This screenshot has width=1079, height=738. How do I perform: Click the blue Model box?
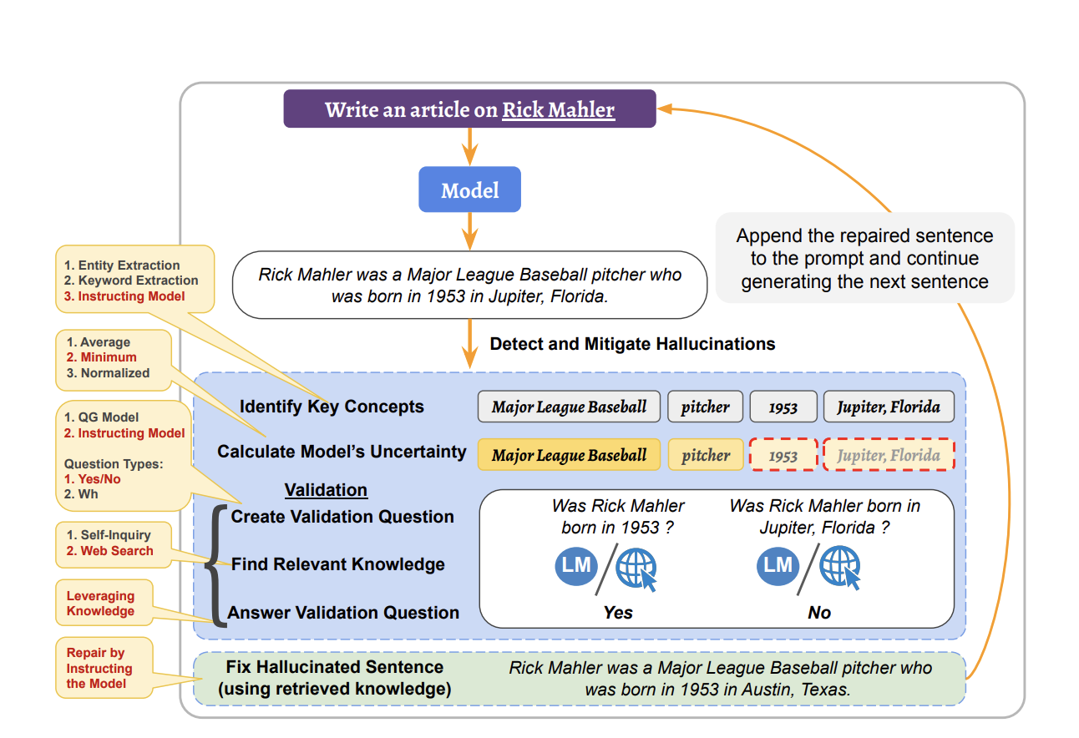point(469,190)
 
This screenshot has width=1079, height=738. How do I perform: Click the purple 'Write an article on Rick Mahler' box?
point(469,109)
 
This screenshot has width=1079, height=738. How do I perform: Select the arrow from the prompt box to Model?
point(469,147)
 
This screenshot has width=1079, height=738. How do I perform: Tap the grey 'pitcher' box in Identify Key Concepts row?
point(705,407)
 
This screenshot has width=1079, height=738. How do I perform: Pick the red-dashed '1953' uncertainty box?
point(783,456)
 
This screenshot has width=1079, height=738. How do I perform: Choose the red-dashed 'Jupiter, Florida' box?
point(889,456)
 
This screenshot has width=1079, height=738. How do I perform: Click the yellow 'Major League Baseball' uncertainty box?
point(569,456)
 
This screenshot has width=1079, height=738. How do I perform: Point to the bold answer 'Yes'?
point(618,613)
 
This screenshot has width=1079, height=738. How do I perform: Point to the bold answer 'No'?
point(819,613)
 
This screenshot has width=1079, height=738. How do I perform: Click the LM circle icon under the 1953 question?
point(575,566)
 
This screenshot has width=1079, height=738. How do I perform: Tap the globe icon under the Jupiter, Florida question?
point(839,568)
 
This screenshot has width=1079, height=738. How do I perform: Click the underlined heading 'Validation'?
point(326,490)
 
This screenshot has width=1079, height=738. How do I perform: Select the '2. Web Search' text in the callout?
point(109,551)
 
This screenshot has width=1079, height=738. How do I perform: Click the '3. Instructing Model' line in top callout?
point(132,296)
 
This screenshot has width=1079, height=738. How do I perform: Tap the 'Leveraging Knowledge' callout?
point(100,604)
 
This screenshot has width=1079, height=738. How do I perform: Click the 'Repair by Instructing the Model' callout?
point(99,669)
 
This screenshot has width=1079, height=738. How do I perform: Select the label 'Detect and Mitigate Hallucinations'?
point(632,344)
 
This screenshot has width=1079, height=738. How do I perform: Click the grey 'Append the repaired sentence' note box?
point(864,258)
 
